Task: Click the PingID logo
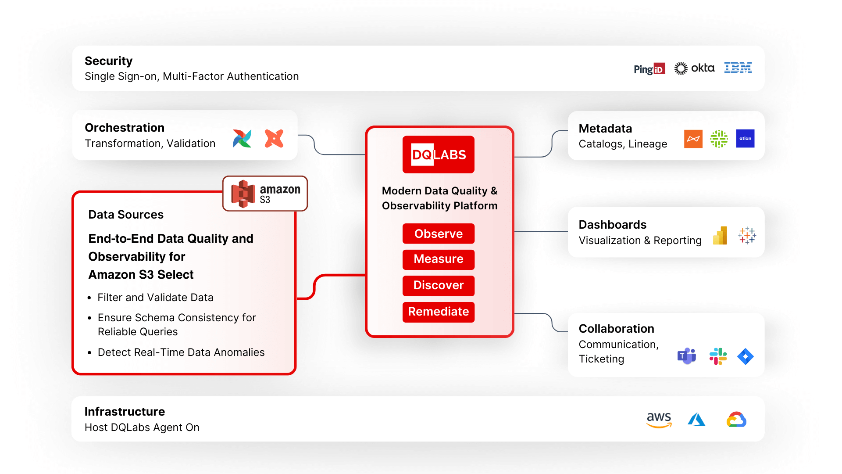pyautogui.click(x=649, y=69)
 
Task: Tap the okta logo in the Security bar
pyautogui.click(x=694, y=68)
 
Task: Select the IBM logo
pyautogui.click(x=738, y=68)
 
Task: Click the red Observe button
pyautogui.click(x=438, y=233)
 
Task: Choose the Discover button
pyautogui.click(x=438, y=285)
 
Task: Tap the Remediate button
pyautogui.click(x=438, y=312)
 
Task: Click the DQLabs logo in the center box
pyautogui.click(x=438, y=154)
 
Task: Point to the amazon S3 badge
pyautogui.click(x=265, y=194)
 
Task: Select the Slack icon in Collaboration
pyautogui.click(x=718, y=356)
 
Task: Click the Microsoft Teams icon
pyautogui.click(x=686, y=356)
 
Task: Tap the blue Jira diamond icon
pyautogui.click(x=745, y=356)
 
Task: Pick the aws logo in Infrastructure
pyautogui.click(x=659, y=419)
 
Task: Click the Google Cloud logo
pyautogui.click(x=736, y=420)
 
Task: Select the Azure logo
pyautogui.click(x=696, y=420)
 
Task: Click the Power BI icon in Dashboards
pyautogui.click(x=720, y=236)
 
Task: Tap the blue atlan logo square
pyautogui.click(x=745, y=139)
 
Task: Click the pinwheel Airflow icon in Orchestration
pyautogui.click(x=242, y=138)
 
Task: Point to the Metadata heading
pyautogui.click(x=605, y=129)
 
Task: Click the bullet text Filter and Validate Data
pyautogui.click(x=155, y=298)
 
